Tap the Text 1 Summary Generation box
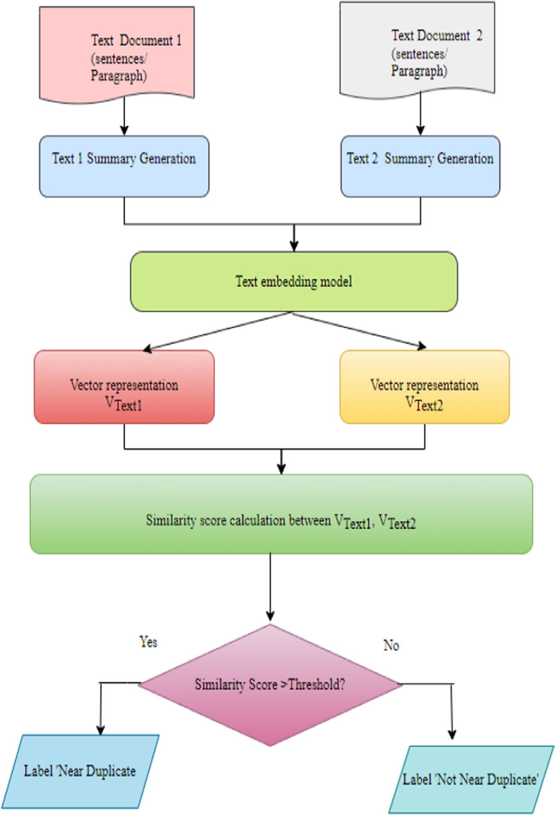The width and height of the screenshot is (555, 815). click(124, 166)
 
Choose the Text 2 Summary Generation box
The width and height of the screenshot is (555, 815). click(420, 166)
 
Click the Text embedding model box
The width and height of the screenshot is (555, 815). click(294, 281)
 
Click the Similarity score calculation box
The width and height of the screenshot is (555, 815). click(281, 514)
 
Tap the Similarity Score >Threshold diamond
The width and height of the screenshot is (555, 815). click(270, 685)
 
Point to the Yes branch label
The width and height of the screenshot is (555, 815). click(148, 642)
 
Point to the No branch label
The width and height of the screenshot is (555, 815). click(391, 645)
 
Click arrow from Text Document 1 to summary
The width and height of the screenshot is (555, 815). click(124, 115)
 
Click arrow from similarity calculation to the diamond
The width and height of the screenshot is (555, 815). click(270, 587)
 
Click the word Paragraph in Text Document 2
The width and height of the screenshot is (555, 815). click(418, 70)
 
